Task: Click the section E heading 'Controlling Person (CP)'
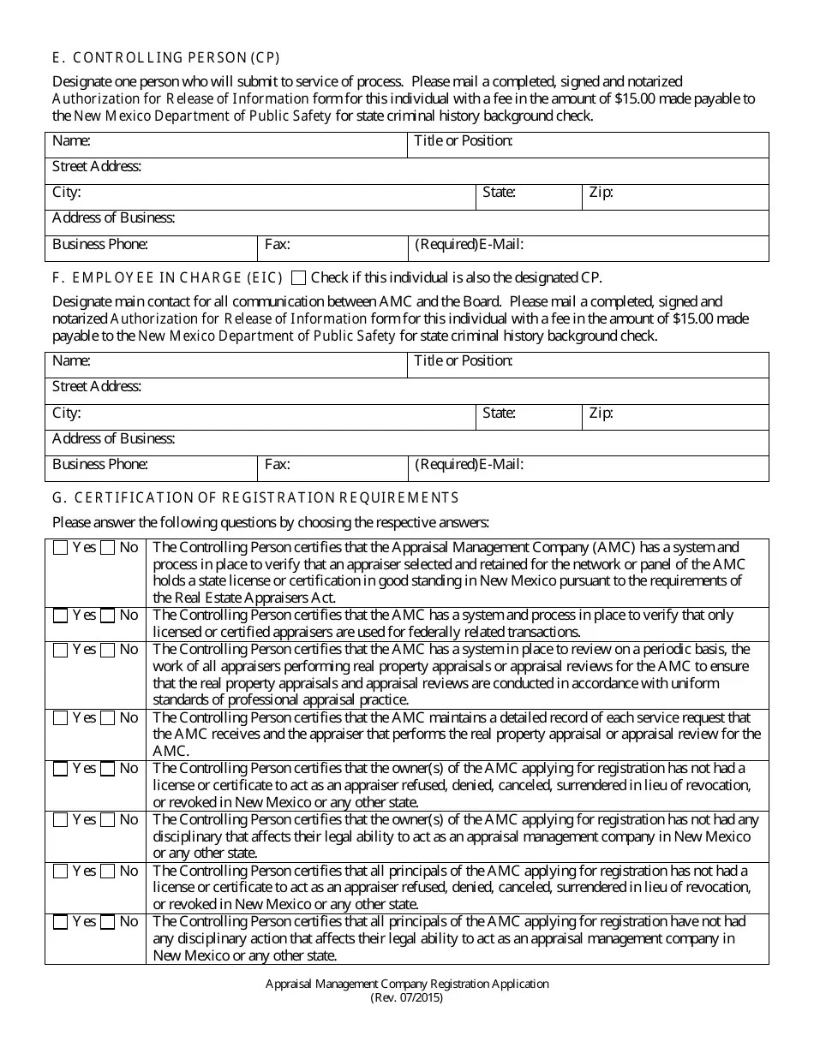click(x=166, y=58)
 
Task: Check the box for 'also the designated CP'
click(x=298, y=277)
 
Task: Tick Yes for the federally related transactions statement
click(x=60, y=616)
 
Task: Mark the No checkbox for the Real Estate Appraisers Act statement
click(x=107, y=548)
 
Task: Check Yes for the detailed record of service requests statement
click(x=60, y=718)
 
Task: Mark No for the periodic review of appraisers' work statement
click(x=107, y=650)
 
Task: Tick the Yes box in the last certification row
click(x=60, y=923)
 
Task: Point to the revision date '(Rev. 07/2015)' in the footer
click(x=407, y=998)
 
